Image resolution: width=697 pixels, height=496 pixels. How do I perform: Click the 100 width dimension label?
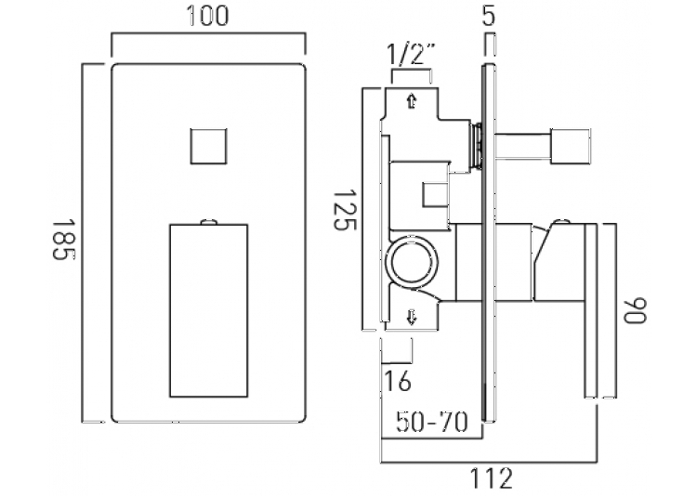(x=207, y=16)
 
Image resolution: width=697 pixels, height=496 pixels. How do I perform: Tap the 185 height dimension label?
(x=64, y=239)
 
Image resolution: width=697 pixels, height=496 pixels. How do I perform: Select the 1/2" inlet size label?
(x=411, y=54)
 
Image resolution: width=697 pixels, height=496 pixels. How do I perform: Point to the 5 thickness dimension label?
(x=488, y=17)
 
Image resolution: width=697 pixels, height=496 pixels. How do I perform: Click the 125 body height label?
(x=346, y=210)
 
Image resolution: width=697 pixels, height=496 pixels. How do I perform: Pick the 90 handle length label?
(x=636, y=310)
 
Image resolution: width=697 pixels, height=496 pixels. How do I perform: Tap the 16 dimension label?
(x=397, y=382)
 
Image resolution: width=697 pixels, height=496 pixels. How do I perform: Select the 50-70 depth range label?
(x=432, y=422)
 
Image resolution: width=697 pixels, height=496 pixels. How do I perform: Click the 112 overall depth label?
(x=491, y=478)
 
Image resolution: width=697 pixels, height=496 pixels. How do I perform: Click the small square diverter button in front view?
(x=208, y=146)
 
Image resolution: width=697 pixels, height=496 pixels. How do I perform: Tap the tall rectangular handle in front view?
(x=208, y=310)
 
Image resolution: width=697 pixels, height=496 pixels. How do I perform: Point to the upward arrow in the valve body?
(x=412, y=101)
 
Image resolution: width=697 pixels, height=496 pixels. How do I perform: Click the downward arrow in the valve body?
(x=412, y=318)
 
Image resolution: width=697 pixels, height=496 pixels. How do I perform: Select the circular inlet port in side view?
(x=413, y=262)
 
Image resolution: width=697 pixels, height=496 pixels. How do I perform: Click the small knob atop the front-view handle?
(x=209, y=221)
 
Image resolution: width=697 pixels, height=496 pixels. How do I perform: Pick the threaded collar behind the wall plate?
(x=477, y=145)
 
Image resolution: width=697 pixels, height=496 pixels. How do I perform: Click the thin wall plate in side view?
(x=489, y=243)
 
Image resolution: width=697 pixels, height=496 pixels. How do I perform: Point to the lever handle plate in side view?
(x=591, y=310)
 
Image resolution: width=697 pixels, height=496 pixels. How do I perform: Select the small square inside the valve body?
(x=434, y=194)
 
